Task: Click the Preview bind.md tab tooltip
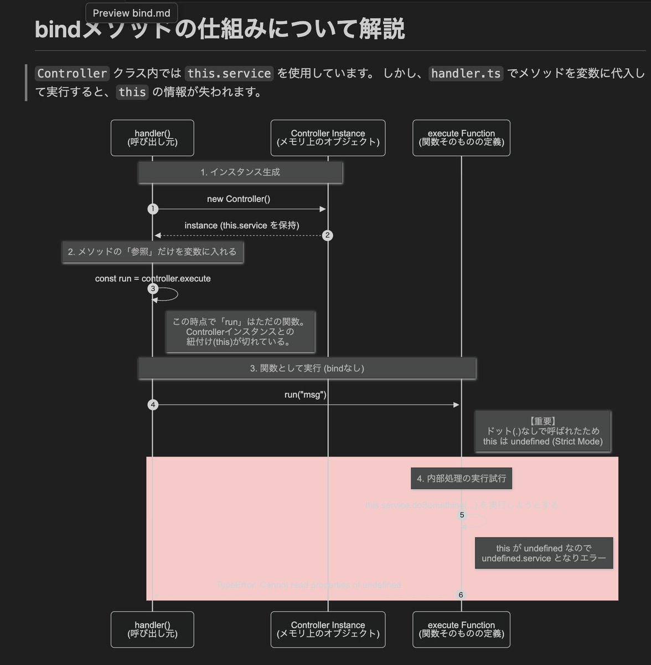[132, 13]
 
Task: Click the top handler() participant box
[152, 138]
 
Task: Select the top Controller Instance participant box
[328, 138]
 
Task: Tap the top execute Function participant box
[461, 138]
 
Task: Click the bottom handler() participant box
[152, 630]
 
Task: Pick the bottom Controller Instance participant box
[328, 630]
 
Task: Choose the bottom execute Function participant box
[461, 630]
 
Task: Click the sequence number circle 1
[153, 209]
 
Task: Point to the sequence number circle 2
[327, 236]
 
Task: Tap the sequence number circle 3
[153, 289]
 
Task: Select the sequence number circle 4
[153, 405]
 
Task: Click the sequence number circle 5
[462, 515]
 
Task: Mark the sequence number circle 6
[461, 595]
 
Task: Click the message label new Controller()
[239, 199]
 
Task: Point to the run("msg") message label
[305, 395]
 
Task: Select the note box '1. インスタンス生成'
[240, 172]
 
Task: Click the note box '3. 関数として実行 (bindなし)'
[307, 369]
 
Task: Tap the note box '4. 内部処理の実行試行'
[461, 478]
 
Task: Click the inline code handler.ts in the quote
[466, 74]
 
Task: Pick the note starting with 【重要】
[542, 432]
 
